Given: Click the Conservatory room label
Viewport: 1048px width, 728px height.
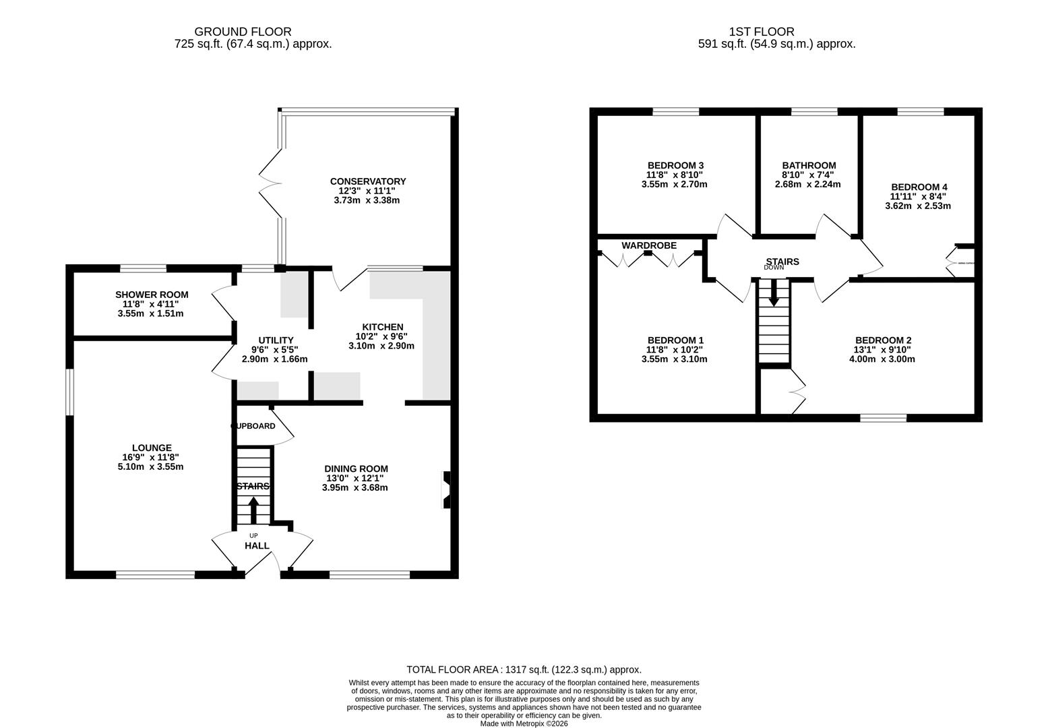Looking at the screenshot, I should pos(367,181).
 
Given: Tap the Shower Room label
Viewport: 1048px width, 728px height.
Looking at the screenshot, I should pos(152,295).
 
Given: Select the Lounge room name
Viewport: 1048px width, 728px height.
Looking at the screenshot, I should pos(152,448).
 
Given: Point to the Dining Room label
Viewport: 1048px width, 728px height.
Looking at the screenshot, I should pos(356,468).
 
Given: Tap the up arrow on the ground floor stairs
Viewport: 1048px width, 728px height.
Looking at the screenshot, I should pos(253,510).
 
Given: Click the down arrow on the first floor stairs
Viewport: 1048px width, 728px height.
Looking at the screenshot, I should pos(774,293).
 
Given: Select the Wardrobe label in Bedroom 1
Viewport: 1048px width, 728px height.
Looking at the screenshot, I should pos(648,245).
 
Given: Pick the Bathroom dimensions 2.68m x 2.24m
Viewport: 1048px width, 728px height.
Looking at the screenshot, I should pos(807,184).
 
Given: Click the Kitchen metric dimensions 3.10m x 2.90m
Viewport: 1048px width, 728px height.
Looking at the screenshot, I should pos(381,346).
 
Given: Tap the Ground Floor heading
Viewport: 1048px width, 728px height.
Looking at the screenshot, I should pos(243,32).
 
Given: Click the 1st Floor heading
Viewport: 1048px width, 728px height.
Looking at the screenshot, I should pos(762,32).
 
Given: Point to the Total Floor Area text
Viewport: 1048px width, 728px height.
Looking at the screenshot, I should pos(524,669).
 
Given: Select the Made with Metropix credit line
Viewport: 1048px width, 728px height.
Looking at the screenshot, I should pos(524,724).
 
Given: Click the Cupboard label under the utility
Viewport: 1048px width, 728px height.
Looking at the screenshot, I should pos(253,426).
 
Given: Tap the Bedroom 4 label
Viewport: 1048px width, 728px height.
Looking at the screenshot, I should pos(919,187).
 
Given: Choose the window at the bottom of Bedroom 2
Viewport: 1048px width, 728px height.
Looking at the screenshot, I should pos(883,418).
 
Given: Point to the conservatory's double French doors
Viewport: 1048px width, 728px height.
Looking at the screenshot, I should pos(270,181).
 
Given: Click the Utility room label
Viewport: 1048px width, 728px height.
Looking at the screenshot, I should pos(276,340).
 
